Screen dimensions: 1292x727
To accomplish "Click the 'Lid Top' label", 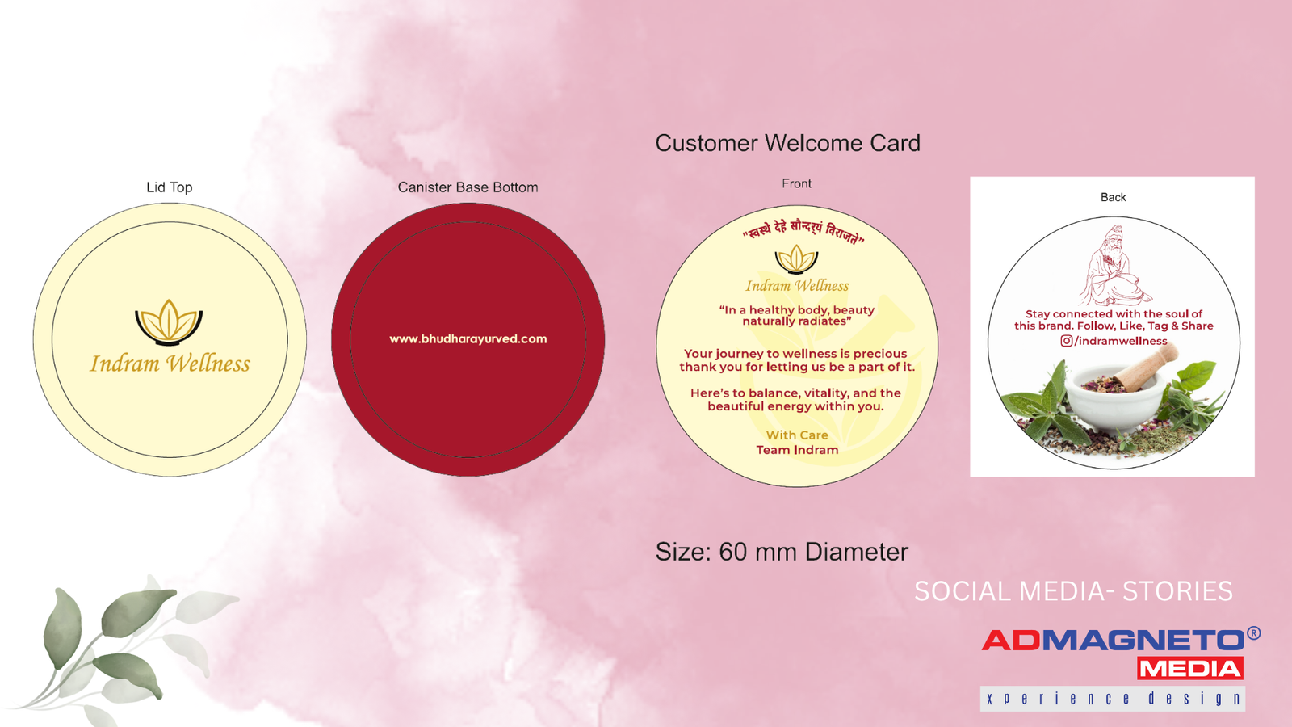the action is point(169,187).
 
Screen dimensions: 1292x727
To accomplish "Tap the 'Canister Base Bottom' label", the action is point(468,187).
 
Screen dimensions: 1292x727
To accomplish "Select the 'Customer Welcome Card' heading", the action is point(787,143).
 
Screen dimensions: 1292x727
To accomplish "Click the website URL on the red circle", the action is point(468,338).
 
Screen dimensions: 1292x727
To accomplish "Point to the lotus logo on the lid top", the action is point(169,322).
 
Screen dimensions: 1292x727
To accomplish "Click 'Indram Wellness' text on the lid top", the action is point(170,363).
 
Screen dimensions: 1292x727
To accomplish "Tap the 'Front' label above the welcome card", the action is point(796,183).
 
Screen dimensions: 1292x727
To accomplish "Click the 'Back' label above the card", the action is point(1114,197).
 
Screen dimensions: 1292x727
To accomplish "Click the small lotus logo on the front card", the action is point(796,258).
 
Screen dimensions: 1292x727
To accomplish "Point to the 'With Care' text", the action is point(797,435).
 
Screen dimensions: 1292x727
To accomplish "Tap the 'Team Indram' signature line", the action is point(797,450).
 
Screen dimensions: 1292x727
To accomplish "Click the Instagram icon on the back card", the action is point(1067,341).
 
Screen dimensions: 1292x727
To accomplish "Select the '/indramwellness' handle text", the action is point(1121,341).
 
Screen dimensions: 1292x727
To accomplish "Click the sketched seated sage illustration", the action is point(1114,266).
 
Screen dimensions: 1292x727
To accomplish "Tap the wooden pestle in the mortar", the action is point(1144,365).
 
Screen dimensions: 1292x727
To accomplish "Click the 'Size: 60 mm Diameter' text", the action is point(782,553).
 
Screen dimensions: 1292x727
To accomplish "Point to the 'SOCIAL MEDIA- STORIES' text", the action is point(1073,591).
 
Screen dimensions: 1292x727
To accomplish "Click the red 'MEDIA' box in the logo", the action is point(1190,669).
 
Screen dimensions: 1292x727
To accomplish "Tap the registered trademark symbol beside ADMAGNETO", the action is point(1253,633).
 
